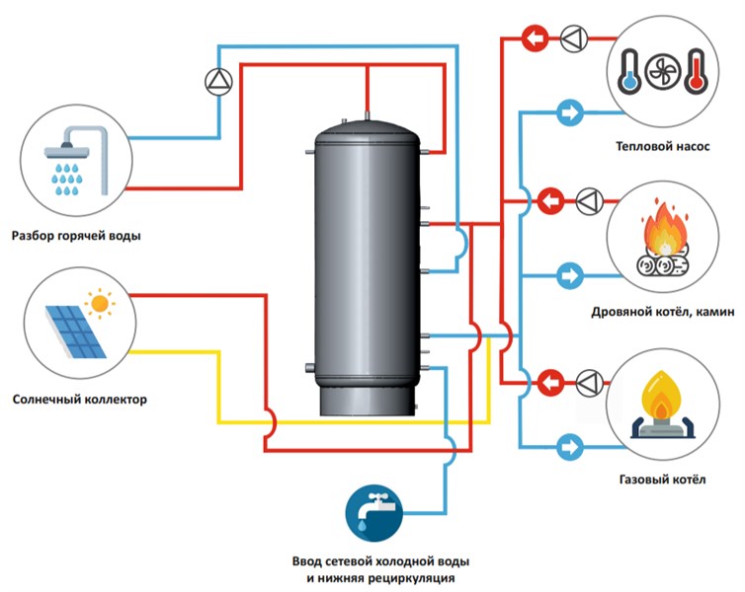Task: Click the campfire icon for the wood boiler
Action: [661, 241]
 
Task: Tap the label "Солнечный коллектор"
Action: [80, 400]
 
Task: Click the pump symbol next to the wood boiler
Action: [588, 200]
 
